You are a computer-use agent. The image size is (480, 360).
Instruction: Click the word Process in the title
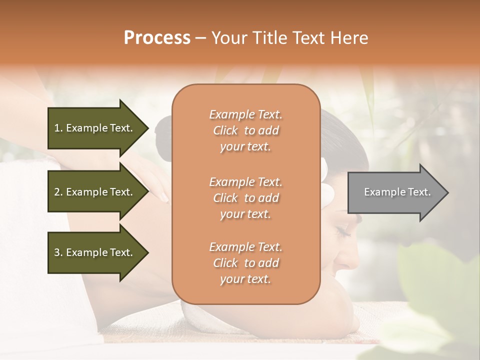pos(157,38)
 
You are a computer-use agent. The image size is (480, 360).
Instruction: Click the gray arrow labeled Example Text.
pos(395,192)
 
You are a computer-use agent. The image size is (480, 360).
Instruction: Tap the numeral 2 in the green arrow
pos(57,192)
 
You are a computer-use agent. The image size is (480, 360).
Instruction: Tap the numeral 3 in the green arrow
pos(57,252)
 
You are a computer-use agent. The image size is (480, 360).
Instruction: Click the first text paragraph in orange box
pos(245,130)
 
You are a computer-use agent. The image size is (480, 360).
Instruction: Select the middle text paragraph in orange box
pos(245,198)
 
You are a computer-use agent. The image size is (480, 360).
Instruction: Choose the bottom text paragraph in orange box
pos(245,263)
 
